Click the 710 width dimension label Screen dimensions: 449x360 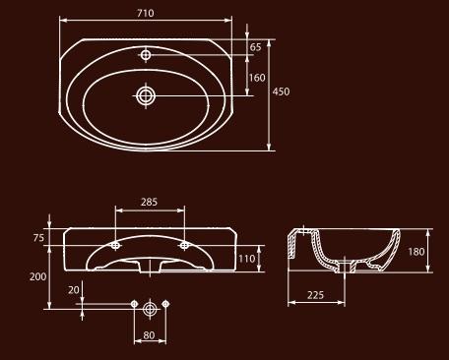click(146, 13)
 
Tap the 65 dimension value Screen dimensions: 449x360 click(255, 47)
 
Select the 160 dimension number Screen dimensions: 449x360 click(257, 78)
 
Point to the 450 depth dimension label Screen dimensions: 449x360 click(281, 91)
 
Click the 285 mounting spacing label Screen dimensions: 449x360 click(149, 202)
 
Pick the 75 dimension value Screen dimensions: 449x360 click(38, 238)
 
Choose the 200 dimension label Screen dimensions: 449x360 click(38, 276)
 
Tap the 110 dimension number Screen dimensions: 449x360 click(247, 259)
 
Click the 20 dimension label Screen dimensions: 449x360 click(74, 290)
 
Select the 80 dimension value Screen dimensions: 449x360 click(149, 335)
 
